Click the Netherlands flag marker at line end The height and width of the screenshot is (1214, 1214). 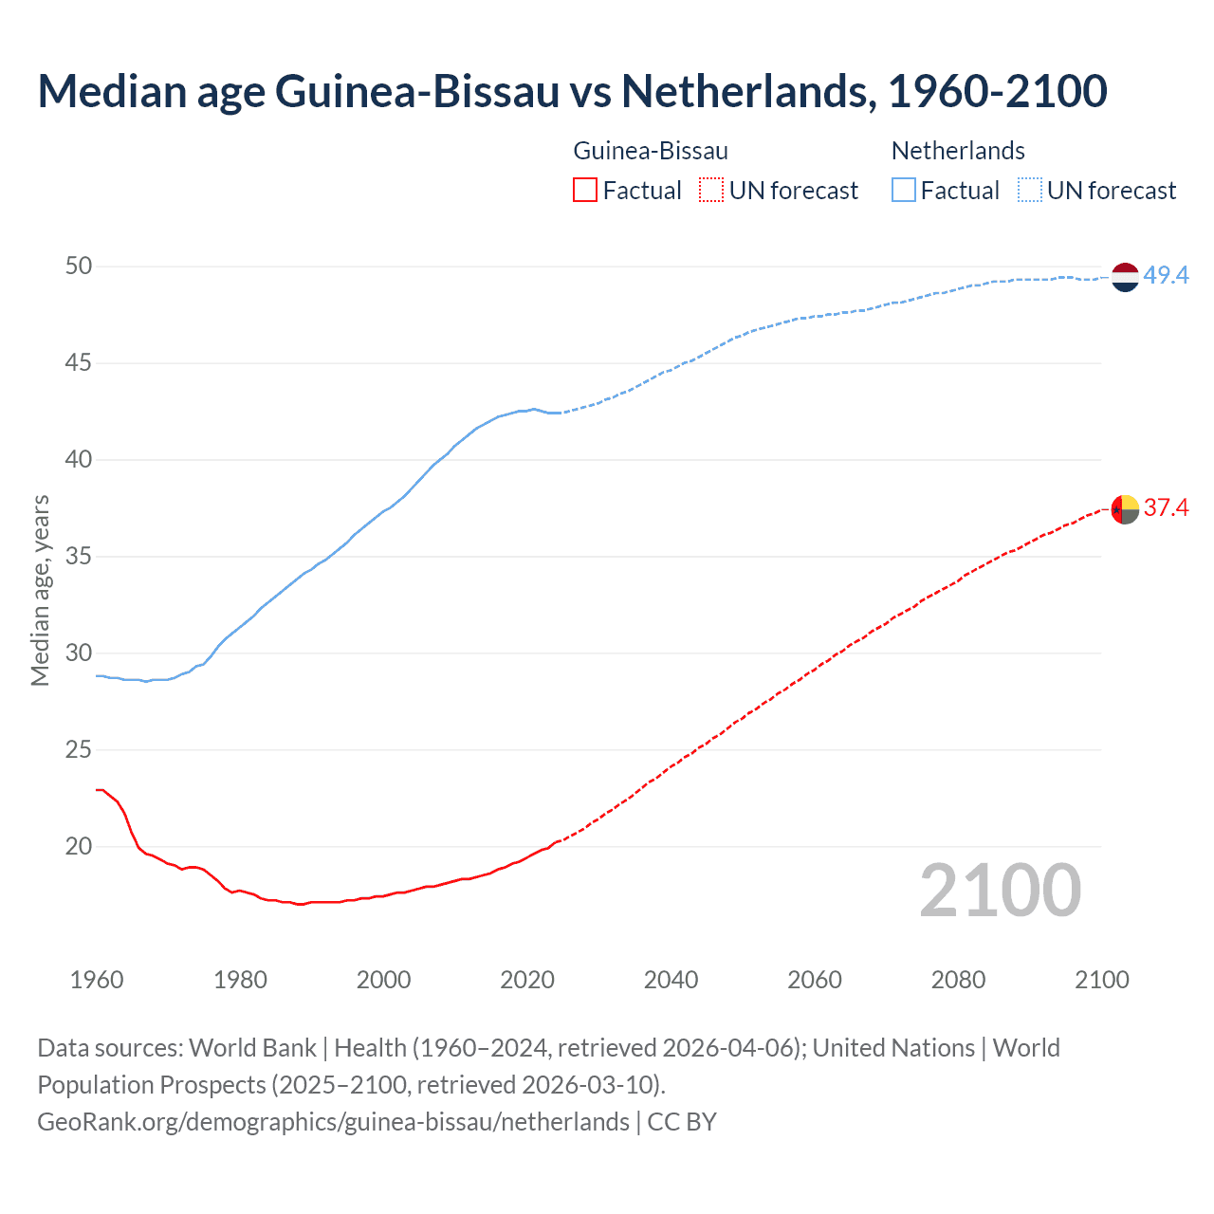coord(1124,277)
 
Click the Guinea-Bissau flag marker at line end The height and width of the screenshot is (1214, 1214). coord(1124,509)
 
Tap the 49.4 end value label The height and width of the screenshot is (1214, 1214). coord(1166,276)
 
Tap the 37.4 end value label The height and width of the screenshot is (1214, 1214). coord(1166,508)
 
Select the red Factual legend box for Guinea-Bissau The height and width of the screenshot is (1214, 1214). coord(585,191)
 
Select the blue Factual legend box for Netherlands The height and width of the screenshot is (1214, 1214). coord(903,191)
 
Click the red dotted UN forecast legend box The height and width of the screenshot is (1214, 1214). coord(711,191)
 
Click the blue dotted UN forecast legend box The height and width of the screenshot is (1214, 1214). coord(1029,191)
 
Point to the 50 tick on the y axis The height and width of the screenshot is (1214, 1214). coord(79,267)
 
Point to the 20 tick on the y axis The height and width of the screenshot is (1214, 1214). coord(79,846)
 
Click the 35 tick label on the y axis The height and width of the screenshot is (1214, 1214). coord(79,556)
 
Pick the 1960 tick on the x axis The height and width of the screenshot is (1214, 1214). coord(97,980)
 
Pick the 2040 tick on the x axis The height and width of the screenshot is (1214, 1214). coord(671,980)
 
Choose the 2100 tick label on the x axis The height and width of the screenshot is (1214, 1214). coord(1101,980)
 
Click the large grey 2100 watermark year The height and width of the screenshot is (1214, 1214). coord(1000,890)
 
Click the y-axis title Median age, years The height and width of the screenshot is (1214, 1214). coord(40,590)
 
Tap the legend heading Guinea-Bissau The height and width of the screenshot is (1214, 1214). coord(651,151)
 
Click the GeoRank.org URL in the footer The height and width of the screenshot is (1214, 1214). coord(333,1122)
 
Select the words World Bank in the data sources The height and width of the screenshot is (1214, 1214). coord(252,1048)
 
